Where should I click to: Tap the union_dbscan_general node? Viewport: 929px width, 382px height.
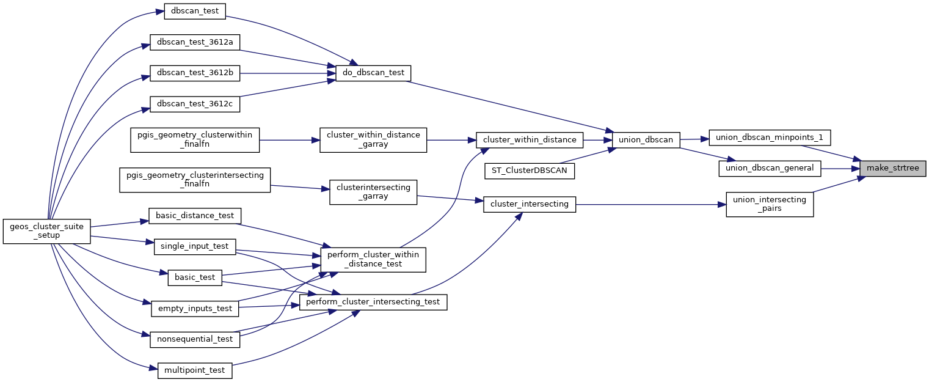pos(769,168)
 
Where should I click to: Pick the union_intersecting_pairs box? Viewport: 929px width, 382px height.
pos(770,204)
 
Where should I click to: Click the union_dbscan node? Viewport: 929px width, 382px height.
pos(646,140)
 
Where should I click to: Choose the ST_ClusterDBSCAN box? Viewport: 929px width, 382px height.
pos(530,171)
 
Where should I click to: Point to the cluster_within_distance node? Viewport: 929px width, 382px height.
pos(530,140)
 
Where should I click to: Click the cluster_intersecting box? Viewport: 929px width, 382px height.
pos(530,204)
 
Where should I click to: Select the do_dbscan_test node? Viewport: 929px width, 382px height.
pos(373,73)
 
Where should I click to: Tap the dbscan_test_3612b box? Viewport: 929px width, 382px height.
pos(195,73)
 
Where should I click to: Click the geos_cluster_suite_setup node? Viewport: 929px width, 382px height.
pos(47,230)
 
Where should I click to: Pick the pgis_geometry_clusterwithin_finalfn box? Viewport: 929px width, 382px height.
pos(195,140)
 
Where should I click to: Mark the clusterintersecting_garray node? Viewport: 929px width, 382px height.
pos(373,192)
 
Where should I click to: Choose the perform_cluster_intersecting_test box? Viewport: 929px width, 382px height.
pos(373,302)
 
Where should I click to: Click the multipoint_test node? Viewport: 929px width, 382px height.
pos(195,370)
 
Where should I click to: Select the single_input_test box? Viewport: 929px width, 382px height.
pos(195,246)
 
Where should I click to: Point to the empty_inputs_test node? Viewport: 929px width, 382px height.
pos(195,309)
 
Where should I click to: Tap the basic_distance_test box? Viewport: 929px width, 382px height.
pos(195,215)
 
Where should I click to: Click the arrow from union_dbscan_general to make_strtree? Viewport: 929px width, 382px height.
pos(840,168)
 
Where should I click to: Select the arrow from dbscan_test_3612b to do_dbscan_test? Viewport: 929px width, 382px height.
pos(281,73)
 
